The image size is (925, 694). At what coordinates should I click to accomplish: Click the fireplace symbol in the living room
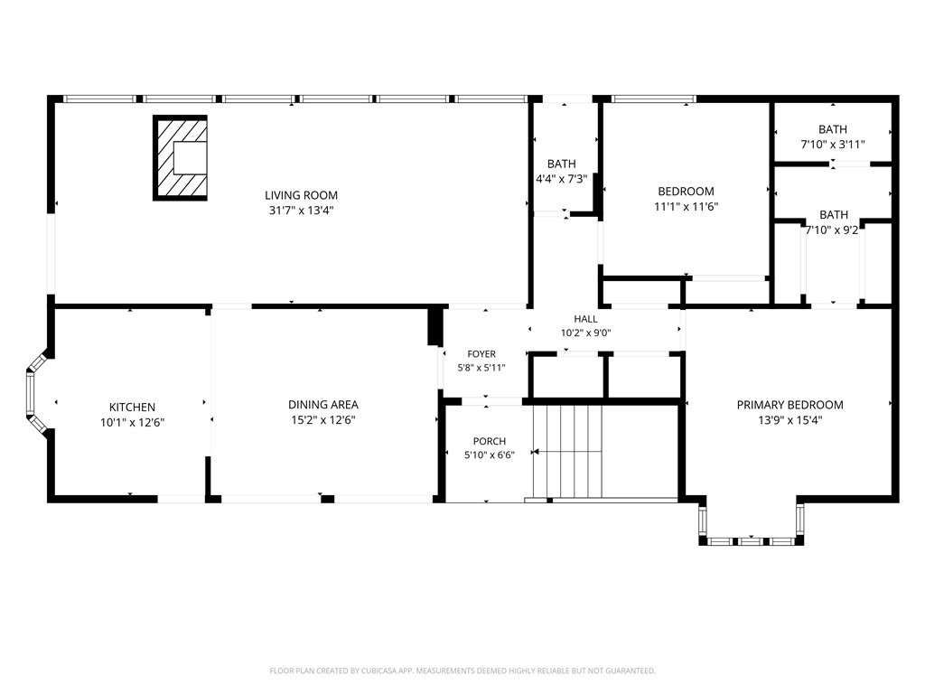180,157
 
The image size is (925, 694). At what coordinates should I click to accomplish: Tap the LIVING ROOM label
301,195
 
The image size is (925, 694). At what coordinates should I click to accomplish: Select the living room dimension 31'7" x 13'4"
301,211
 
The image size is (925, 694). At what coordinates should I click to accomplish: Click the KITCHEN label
132,408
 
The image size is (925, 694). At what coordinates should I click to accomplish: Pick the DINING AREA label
323,405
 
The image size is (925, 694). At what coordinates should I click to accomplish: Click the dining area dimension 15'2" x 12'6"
323,420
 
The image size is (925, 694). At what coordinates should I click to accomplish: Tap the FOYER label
481,354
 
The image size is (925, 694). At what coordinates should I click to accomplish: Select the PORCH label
490,441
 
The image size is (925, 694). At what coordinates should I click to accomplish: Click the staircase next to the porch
567,452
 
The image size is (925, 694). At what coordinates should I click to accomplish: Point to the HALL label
585,319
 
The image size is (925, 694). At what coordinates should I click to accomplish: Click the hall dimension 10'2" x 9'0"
585,333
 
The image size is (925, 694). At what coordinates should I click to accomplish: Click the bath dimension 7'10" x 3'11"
833,144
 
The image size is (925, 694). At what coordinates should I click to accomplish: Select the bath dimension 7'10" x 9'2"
833,230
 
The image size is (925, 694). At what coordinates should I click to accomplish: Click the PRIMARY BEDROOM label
790,405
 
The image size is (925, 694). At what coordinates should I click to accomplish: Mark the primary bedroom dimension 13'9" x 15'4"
790,420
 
